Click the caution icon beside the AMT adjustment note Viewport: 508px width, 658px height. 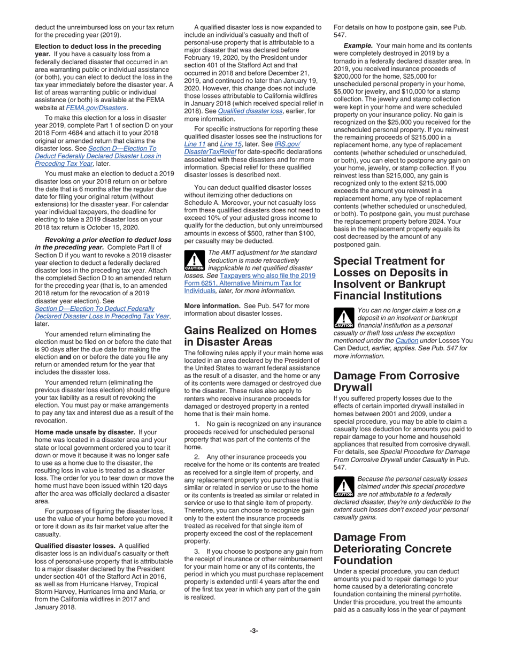tap(194, 260)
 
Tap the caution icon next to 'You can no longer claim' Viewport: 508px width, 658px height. tap(343, 317)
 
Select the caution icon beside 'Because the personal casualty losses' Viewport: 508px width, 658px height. tap(343, 486)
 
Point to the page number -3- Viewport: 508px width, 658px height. tap(254, 630)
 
